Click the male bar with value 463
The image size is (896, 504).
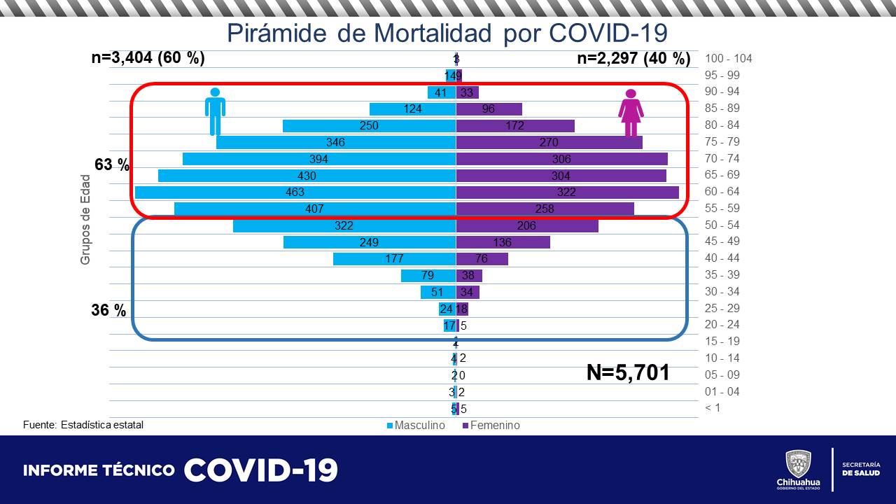click(x=295, y=192)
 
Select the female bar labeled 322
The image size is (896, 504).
click(x=567, y=192)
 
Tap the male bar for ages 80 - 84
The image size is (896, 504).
click(x=370, y=125)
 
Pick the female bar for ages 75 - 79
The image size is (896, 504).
click(x=549, y=142)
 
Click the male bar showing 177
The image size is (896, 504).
click(x=394, y=258)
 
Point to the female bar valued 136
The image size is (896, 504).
click(x=503, y=242)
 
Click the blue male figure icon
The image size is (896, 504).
click(x=215, y=112)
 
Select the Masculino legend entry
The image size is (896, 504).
click(x=416, y=426)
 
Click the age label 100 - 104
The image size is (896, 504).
click(x=729, y=59)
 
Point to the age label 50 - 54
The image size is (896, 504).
click(x=722, y=225)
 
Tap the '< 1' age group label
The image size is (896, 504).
click(x=713, y=408)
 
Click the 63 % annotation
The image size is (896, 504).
click(x=113, y=165)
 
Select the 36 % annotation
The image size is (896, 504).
click(x=109, y=310)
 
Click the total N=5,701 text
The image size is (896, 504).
click(x=628, y=372)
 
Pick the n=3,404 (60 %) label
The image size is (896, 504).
click(x=148, y=58)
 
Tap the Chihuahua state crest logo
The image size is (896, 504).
click(x=798, y=463)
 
